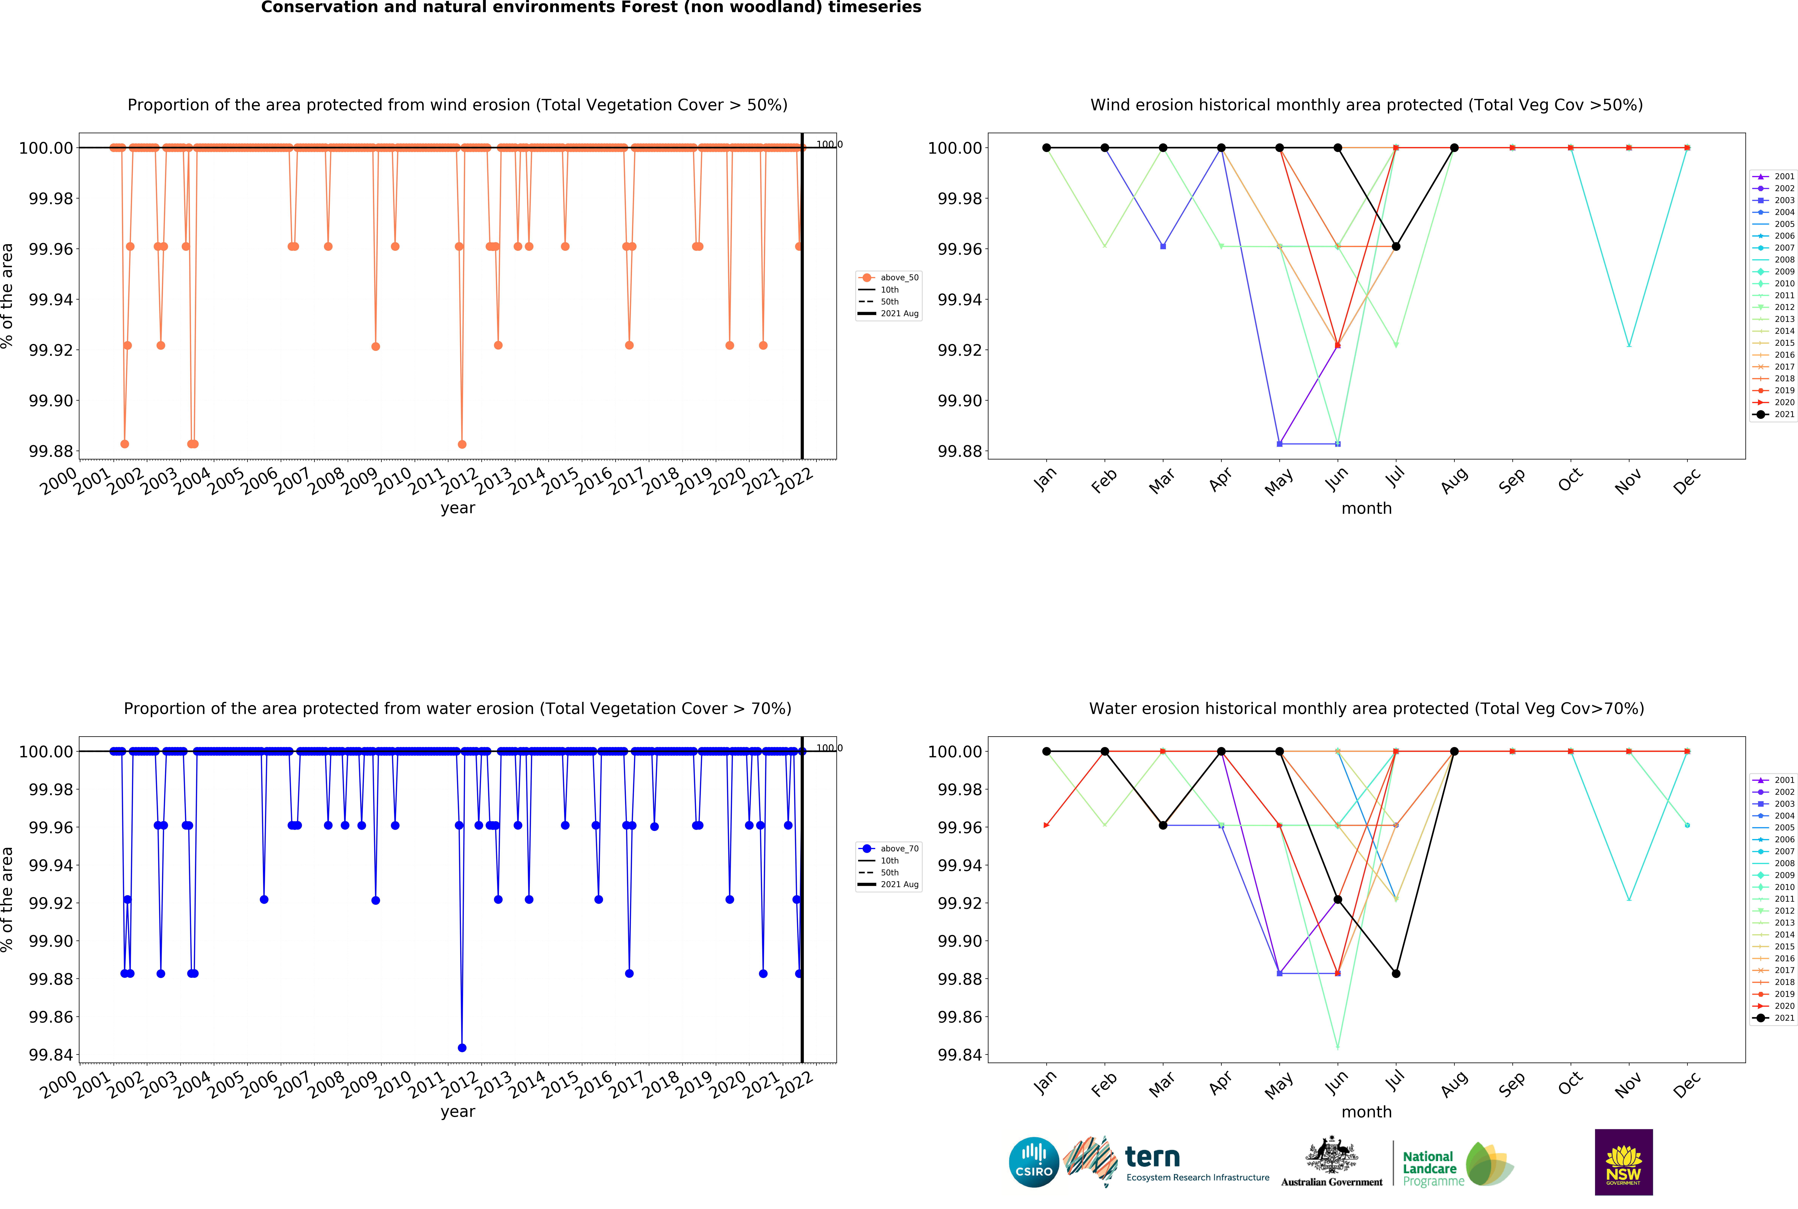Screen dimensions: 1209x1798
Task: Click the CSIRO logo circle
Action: point(1033,1162)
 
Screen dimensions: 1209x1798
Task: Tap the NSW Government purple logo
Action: point(1623,1162)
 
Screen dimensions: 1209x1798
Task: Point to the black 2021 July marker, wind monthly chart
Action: point(1396,247)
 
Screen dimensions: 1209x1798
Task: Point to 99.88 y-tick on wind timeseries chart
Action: point(51,451)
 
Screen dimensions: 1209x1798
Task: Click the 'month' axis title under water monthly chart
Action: point(1366,1112)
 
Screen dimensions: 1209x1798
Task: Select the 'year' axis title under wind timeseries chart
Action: point(458,508)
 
